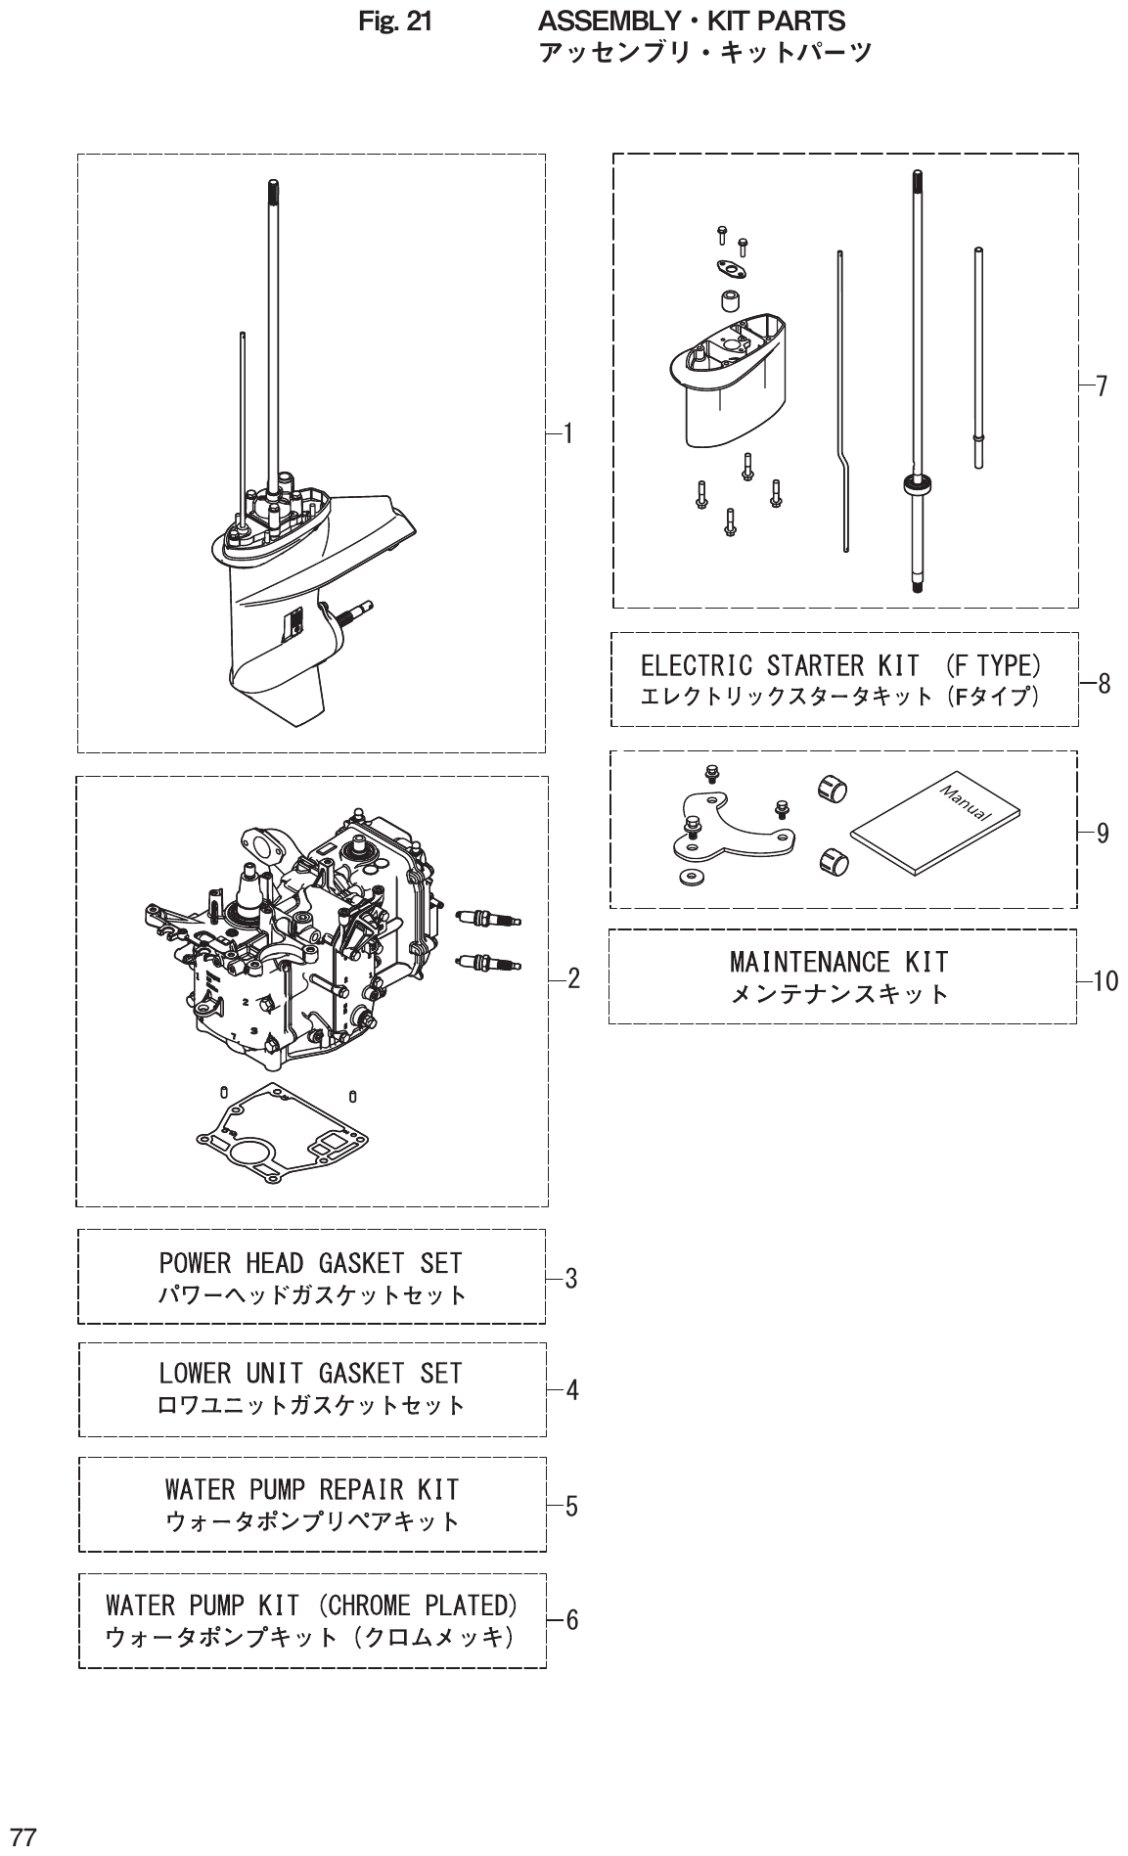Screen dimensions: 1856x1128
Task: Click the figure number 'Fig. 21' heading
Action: pos(395,21)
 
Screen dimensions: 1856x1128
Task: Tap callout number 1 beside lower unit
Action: pos(567,433)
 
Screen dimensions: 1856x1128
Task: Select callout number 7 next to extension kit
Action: pos(1101,386)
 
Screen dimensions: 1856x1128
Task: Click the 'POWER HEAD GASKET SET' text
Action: pos(310,1263)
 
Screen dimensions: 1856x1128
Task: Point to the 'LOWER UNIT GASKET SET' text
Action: pos(310,1374)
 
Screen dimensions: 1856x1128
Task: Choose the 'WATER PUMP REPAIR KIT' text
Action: pos(311,1490)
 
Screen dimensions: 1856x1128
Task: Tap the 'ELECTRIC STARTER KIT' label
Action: pos(779,666)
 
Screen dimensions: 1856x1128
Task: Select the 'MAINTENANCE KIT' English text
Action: pos(838,963)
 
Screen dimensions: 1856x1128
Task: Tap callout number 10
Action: pos(1105,981)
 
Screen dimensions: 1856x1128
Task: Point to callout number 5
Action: pos(571,1506)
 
